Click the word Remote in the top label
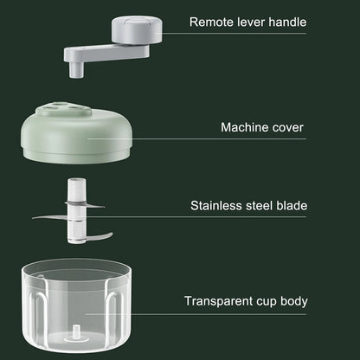coord(211,22)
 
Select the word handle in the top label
coord(286,22)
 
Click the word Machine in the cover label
coord(246,127)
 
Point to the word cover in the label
coord(287,127)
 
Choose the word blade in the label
coord(292,206)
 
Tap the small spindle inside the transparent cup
coord(74,332)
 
